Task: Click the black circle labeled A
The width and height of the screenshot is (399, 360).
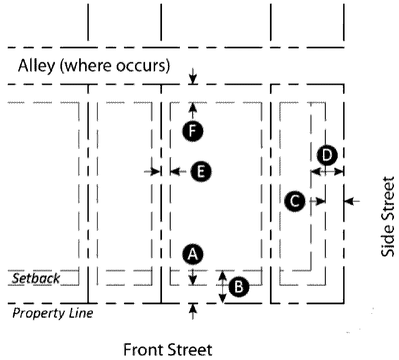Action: [193, 254]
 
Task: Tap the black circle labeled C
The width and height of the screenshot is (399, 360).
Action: [294, 201]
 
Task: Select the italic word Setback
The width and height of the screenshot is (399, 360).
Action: [36, 278]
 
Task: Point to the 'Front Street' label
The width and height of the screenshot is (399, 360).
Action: [168, 350]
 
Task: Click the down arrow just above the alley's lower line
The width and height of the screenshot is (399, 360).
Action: [193, 76]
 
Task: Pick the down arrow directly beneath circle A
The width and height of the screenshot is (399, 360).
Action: [193, 277]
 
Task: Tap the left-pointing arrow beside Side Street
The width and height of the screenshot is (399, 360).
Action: [353, 201]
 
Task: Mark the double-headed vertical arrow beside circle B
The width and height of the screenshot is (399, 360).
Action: [222, 287]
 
